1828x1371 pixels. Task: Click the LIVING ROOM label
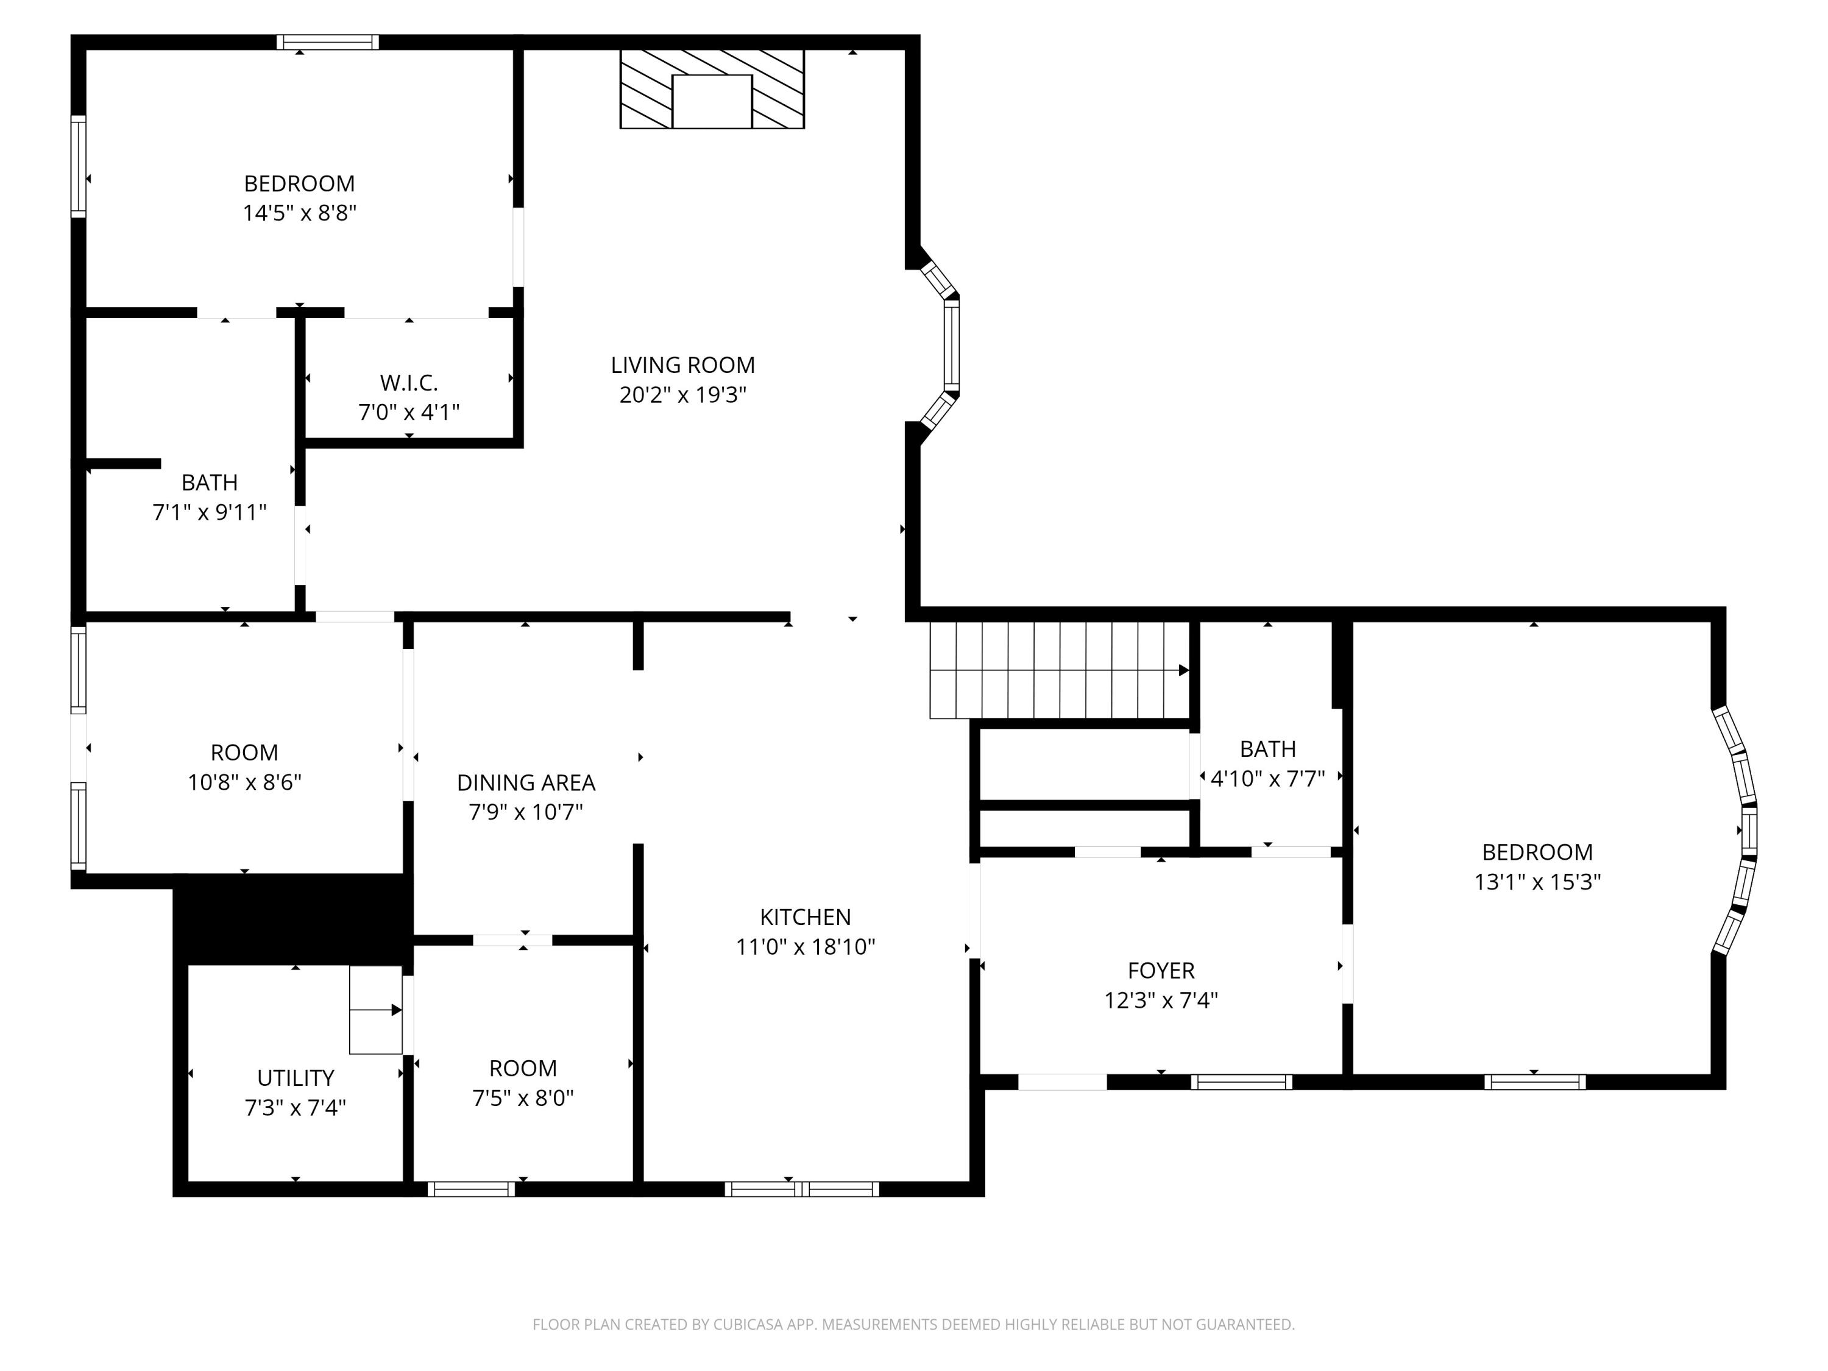[682, 365]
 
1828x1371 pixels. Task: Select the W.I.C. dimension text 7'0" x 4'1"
[409, 411]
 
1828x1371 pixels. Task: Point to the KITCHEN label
[805, 916]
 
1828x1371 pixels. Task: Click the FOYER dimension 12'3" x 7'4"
[1161, 1000]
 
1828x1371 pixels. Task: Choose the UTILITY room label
[295, 1078]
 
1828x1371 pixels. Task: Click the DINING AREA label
[526, 782]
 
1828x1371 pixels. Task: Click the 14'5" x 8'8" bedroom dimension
[299, 213]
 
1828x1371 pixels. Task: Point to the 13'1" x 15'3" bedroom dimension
[1537, 882]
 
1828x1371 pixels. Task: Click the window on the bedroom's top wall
[327, 42]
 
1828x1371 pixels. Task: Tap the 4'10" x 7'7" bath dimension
[1267, 779]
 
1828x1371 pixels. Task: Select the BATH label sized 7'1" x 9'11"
[209, 482]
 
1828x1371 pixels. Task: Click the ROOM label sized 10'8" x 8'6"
[244, 752]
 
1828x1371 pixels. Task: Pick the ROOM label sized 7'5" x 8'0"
[522, 1068]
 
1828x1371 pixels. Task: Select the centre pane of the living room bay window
[951, 345]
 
